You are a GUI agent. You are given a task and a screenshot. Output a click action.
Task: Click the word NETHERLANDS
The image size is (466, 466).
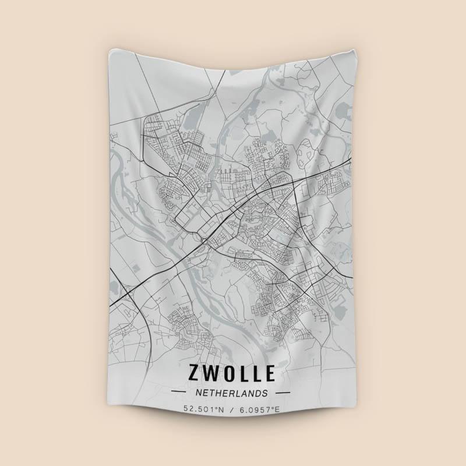tap(232, 393)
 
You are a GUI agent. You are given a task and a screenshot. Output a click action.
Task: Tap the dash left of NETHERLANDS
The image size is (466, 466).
tap(182, 393)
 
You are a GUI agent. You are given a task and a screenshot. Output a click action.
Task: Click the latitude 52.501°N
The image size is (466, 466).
tap(204, 409)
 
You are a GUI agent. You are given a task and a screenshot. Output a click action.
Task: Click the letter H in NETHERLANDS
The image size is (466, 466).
tap(218, 393)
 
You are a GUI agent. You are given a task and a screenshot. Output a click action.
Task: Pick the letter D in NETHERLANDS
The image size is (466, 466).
tap(258, 393)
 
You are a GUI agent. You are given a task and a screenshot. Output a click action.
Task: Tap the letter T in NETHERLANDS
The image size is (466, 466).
tap(212, 393)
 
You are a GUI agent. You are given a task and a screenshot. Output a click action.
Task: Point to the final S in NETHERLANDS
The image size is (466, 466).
tap(265, 393)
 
